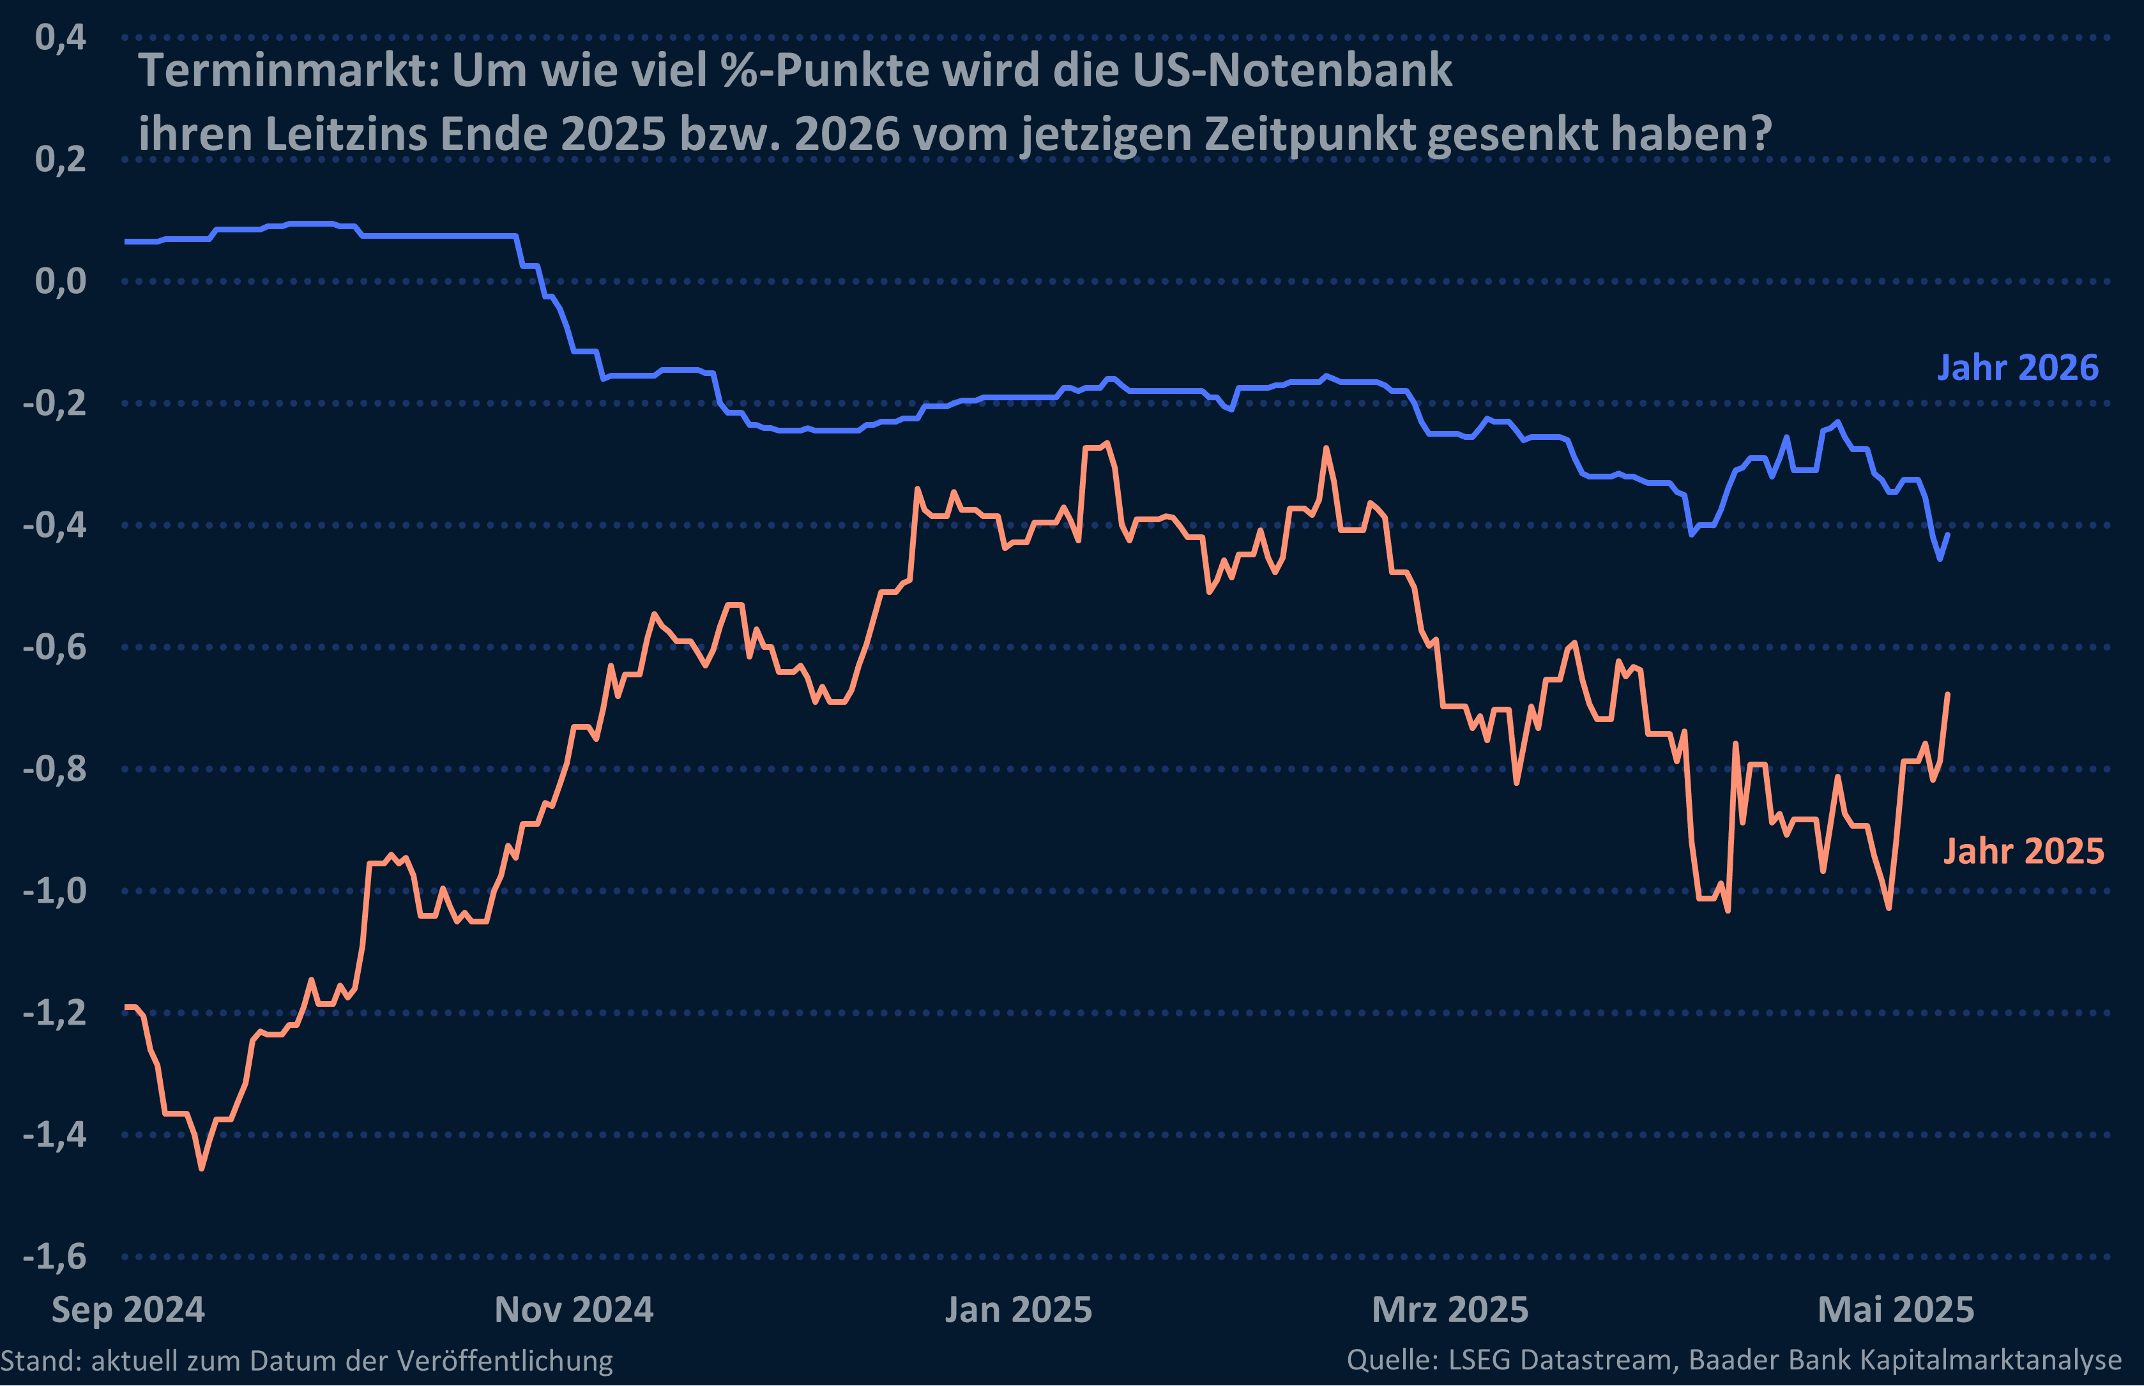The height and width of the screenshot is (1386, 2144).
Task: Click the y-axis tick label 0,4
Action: [60, 38]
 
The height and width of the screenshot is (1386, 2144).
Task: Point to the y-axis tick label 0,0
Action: [60, 282]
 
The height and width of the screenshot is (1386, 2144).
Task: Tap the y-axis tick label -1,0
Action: [54, 891]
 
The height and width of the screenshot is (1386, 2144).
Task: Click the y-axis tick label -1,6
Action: [54, 1256]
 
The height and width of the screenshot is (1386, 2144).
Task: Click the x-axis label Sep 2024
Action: [128, 1309]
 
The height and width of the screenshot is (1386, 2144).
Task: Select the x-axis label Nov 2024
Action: [574, 1309]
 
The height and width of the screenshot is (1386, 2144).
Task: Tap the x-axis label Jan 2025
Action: [1018, 1309]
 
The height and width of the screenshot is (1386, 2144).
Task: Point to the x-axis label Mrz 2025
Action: [1449, 1309]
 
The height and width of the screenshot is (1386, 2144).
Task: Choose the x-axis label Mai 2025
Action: [1896, 1309]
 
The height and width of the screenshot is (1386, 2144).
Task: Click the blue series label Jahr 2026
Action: [2017, 368]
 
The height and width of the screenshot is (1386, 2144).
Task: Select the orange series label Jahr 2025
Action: [2023, 852]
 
